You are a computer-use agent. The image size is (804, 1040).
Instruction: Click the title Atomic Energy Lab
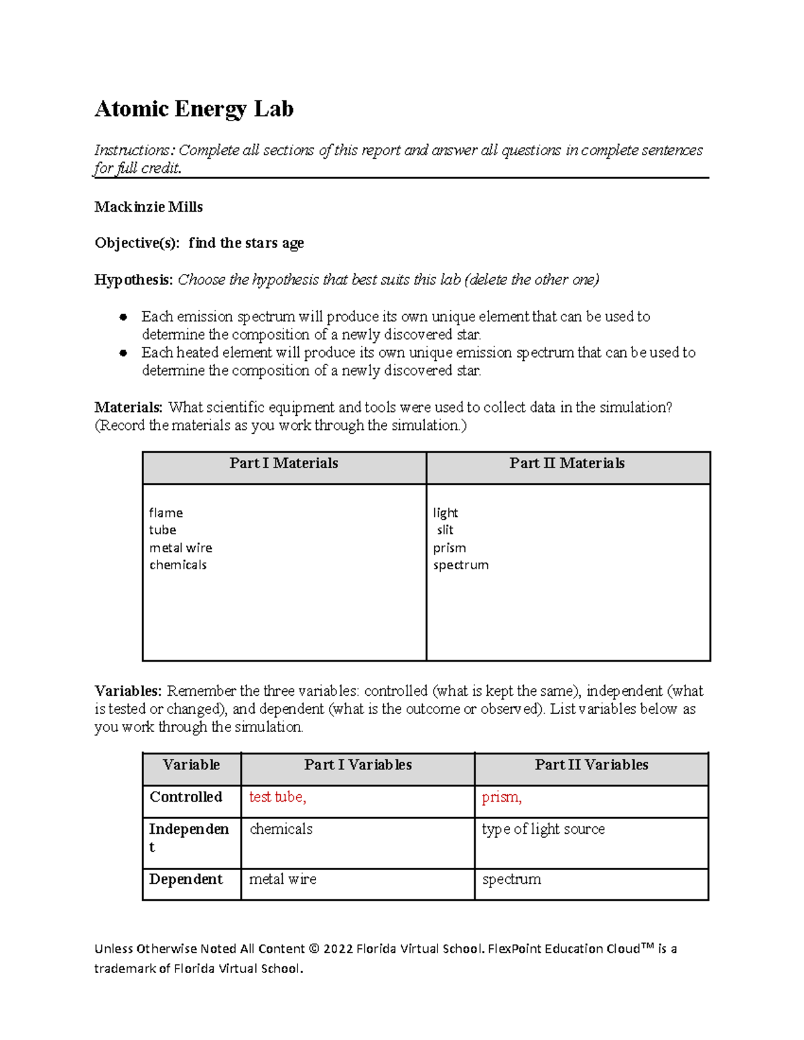tap(194, 109)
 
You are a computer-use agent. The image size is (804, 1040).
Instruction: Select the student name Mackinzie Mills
tap(149, 207)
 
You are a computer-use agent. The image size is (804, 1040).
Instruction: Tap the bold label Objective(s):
tap(137, 243)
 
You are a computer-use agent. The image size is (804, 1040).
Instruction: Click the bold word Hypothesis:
tap(134, 280)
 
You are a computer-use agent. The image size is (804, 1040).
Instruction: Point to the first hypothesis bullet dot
tap(123, 317)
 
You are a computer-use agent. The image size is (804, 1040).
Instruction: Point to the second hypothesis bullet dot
tap(123, 353)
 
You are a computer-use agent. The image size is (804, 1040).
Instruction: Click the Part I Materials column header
tap(283, 463)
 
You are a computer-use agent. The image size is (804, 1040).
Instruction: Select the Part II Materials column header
tap(567, 463)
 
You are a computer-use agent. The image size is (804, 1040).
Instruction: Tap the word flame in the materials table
tap(165, 513)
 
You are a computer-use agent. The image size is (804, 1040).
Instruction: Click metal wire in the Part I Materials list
tap(180, 548)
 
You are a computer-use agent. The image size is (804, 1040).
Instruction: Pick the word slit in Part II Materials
tap(445, 530)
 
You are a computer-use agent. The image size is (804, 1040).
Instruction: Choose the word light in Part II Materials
tap(446, 513)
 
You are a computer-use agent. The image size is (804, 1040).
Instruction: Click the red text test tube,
tap(277, 797)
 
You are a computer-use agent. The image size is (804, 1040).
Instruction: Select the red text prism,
tap(501, 797)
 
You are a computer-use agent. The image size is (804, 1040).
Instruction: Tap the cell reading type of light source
tap(543, 829)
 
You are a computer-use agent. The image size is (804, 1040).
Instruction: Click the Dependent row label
tap(186, 879)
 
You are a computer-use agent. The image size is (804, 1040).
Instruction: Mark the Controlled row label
tap(186, 797)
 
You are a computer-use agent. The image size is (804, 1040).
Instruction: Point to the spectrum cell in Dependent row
tap(511, 879)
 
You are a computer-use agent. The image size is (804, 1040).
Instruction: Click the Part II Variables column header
tap(591, 765)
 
